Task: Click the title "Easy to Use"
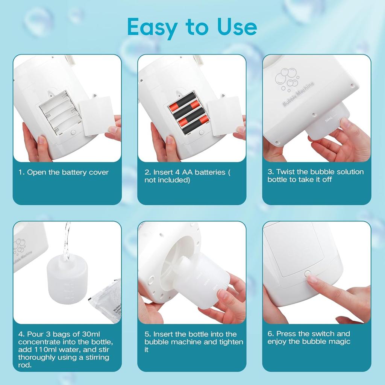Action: point(192,27)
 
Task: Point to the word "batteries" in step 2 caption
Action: point(209,172)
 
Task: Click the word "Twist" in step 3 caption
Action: point(285,172)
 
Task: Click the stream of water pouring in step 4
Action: point(67,241)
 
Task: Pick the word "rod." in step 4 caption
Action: point(25,365)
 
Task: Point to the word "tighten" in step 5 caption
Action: point(230,342)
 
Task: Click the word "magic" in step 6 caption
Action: point(340,341)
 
